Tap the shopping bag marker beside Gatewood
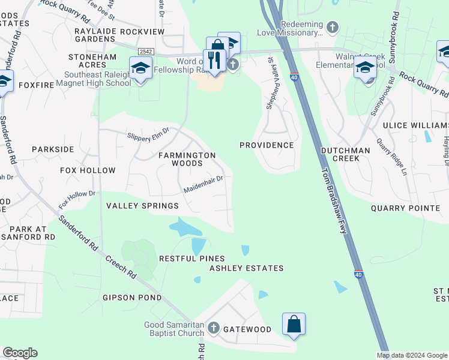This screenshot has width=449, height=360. tap(294, 324)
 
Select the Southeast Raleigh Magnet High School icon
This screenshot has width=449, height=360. tap(140, 68)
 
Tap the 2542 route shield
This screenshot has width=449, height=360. tap(145, 53)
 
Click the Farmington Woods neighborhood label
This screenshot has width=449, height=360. tap(187, 159)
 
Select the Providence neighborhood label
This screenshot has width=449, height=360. tap(267, 145)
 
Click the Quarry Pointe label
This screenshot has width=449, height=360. tap(405, 208)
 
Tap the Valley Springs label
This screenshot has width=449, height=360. tap(142, 206)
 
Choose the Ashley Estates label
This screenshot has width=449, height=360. tap(246, 268)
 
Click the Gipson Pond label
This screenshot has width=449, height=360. tap(132, 298)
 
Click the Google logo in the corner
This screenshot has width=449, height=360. tap(20, 353)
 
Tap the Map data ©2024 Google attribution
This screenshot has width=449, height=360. tap(412, 355)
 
